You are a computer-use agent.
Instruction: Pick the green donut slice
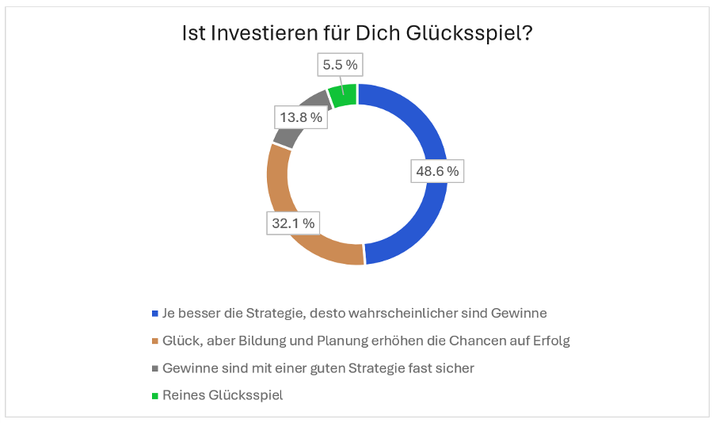[x=343, y=95]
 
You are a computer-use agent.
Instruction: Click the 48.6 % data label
[x=436, y=170]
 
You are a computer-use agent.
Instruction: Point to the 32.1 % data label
[x=293, y=223]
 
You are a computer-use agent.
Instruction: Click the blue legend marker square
[x=154, y=313]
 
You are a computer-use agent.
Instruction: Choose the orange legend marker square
[x=154, y=341]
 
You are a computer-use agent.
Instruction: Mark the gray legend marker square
[x=154, y=368]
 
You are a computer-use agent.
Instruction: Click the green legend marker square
[x=154, y=395]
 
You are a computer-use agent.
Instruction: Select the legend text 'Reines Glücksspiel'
[x=223, y=395]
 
